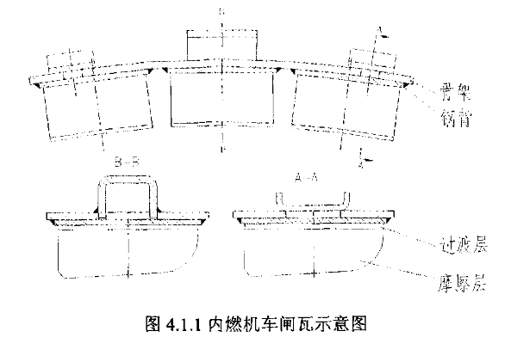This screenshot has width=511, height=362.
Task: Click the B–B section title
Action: pos(127,161)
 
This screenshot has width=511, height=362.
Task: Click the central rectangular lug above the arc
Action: pos(220,45)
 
